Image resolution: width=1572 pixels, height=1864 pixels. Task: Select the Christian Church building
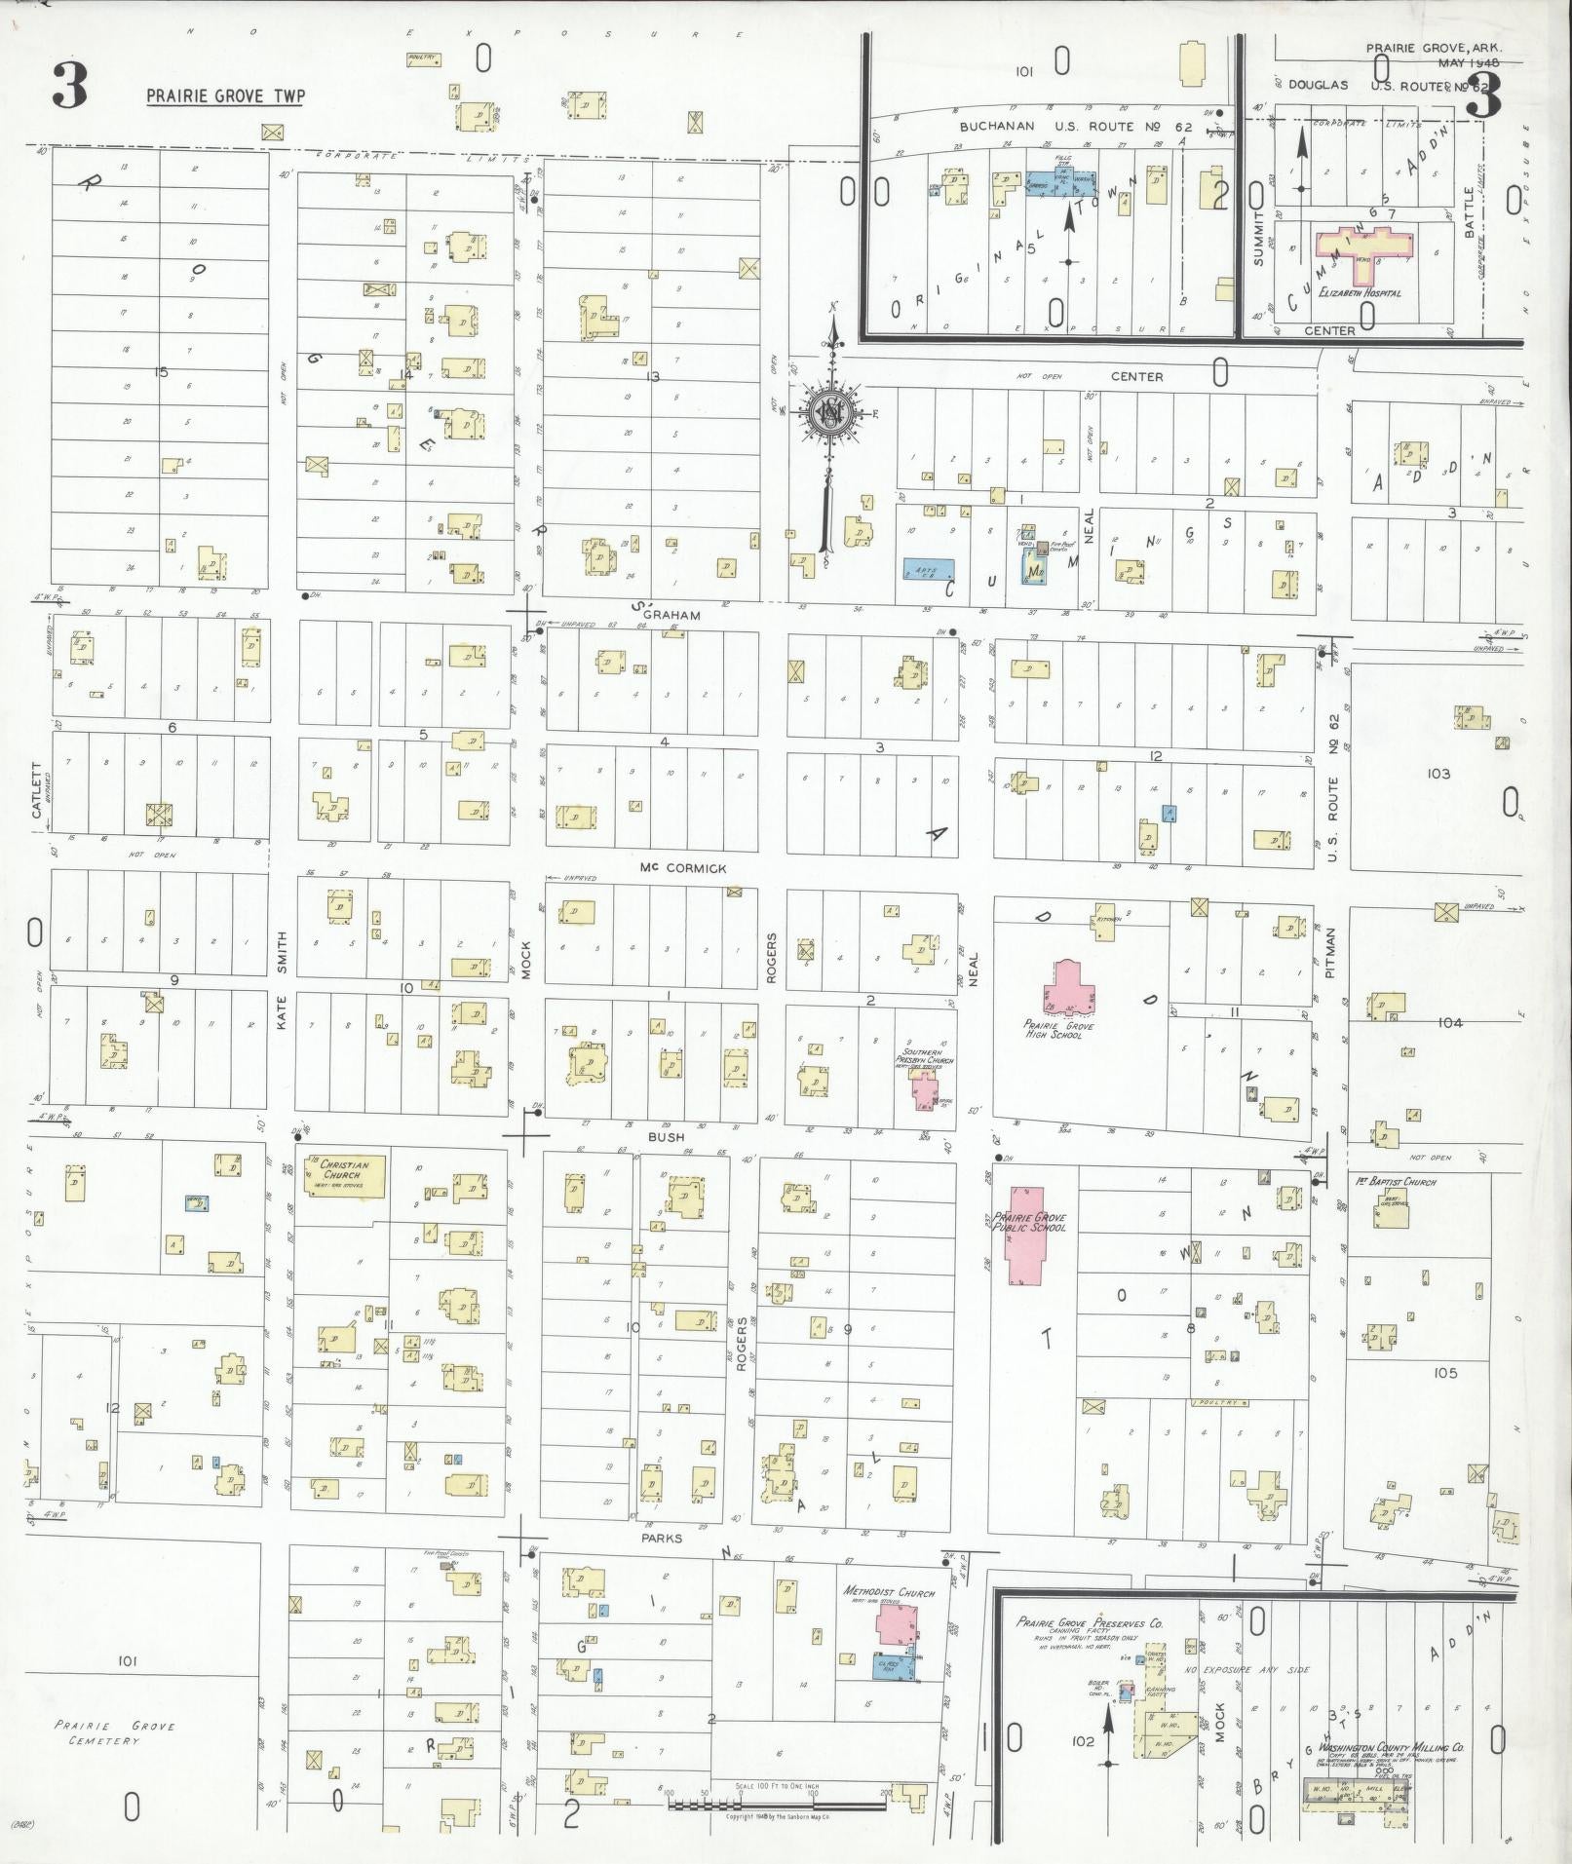346,1176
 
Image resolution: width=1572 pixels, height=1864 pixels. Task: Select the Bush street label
666,1136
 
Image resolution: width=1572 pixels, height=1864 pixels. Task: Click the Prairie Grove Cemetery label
115,1732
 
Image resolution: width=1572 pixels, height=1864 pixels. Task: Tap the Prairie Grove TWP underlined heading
225,96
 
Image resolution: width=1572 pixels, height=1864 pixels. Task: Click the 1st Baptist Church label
1396,1182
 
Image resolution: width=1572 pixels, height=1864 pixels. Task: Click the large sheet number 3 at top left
70,87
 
